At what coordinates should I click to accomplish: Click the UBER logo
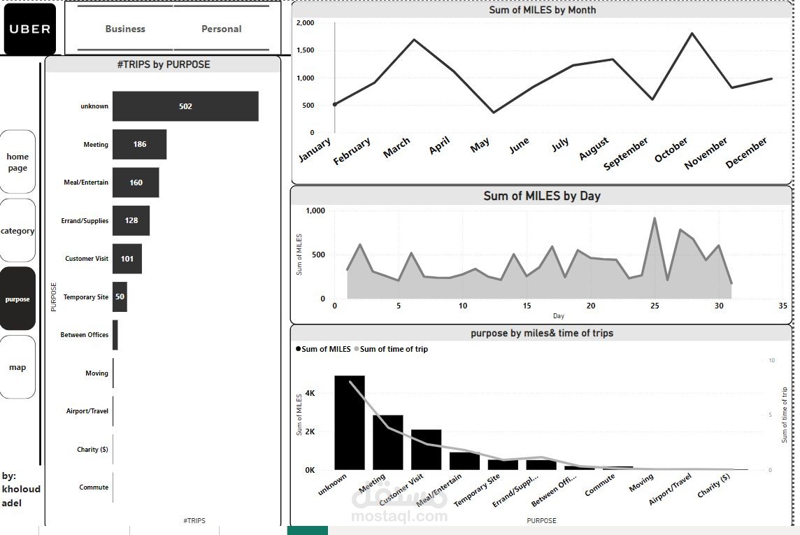coord(30,29)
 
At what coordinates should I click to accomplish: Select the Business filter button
coord(125,29)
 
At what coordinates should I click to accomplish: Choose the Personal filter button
coord(221,29)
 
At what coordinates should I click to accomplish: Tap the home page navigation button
coord(17,162)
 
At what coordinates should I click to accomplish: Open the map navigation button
coord(17,367)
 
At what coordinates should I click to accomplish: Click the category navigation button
coord(17,231)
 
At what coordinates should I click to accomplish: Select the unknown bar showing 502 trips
coord(185,106)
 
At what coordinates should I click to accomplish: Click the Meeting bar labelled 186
coord(139,144)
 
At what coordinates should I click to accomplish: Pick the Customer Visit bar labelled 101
coord(127,259)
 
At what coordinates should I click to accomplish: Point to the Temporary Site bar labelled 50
coord(120,297)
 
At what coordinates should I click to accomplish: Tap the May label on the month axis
coord(480,145)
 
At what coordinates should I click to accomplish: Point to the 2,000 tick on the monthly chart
coord(306,23)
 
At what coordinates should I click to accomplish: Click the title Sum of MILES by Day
coord(541,196)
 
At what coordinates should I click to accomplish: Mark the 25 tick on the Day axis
coord(655,306)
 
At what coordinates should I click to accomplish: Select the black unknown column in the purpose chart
coord(349,422)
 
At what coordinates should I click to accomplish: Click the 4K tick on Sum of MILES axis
coord(310,394)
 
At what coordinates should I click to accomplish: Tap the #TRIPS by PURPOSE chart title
coord(164,64)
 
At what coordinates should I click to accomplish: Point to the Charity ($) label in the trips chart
coord(92,450)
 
